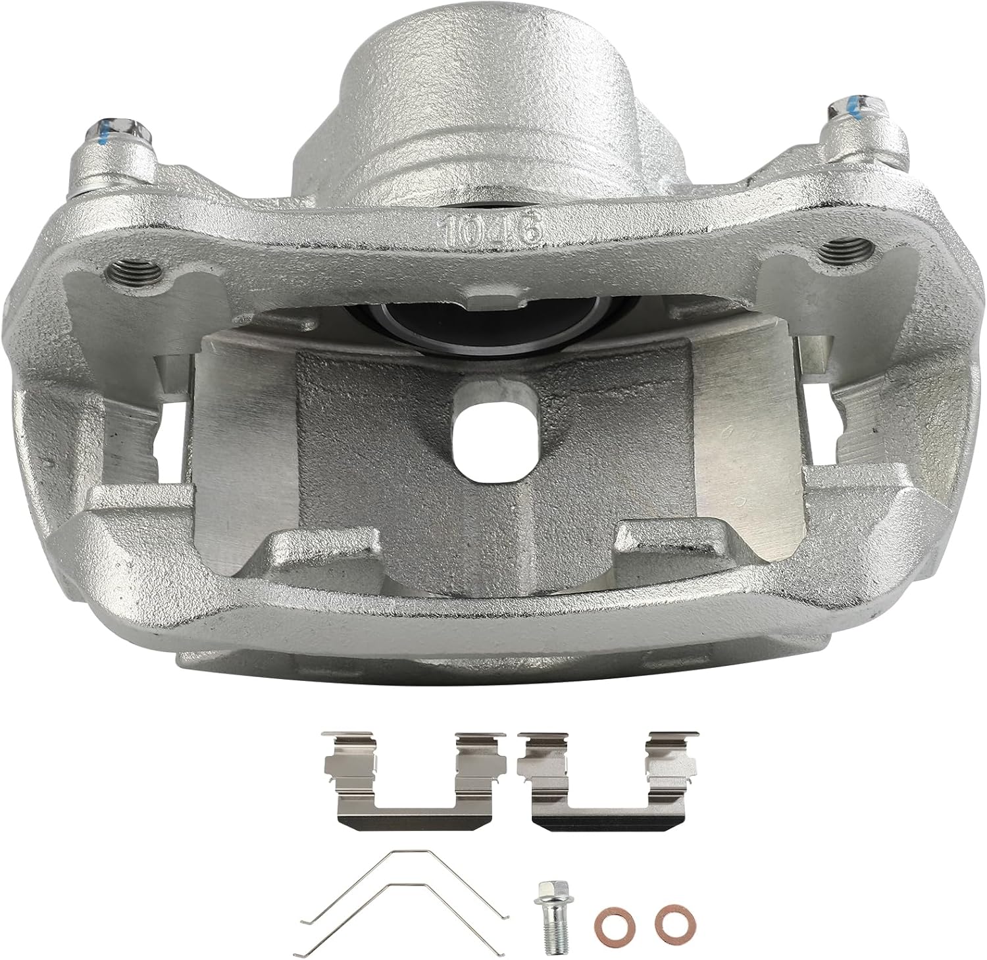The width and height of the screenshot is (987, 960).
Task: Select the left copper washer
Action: tap(608, 916)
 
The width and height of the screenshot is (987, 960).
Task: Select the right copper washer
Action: tap(671, 917)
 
